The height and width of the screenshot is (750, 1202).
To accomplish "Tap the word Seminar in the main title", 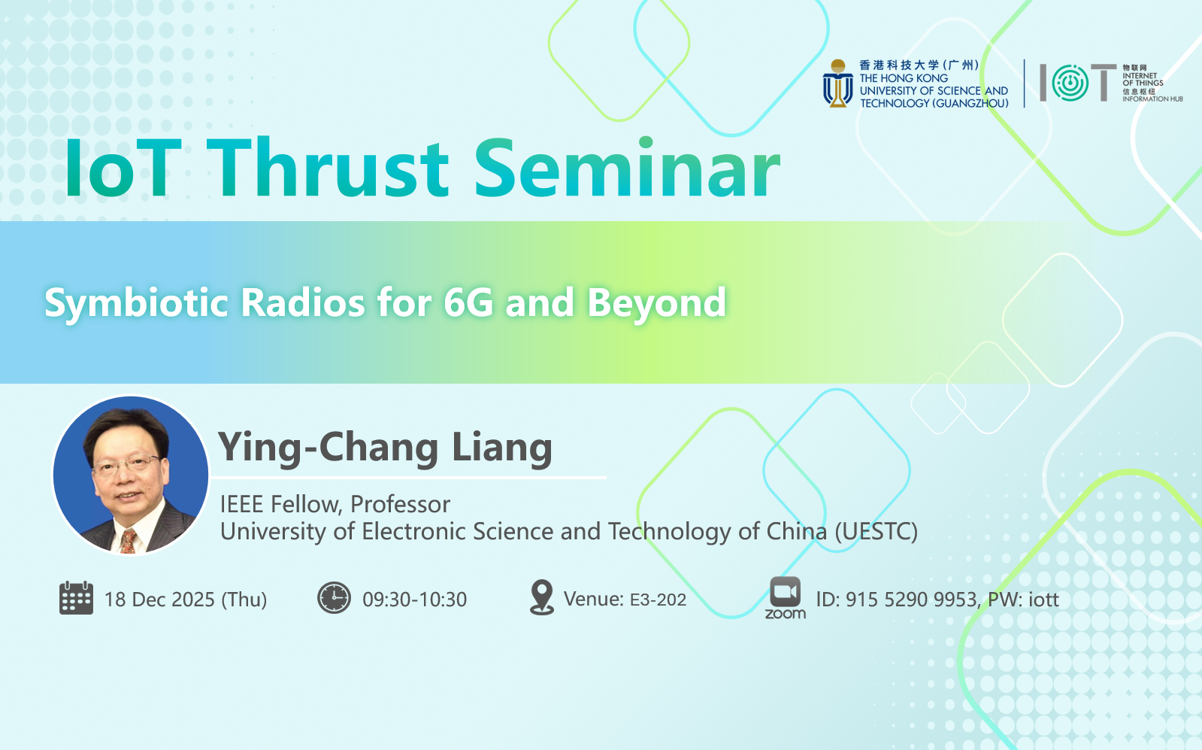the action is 627,168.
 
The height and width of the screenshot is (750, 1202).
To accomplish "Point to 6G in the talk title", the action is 468,302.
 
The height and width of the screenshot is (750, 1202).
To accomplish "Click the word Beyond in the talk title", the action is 656,304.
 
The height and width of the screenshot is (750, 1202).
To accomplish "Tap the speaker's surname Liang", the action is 502,448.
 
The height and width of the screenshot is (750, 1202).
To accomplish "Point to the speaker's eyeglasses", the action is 126,464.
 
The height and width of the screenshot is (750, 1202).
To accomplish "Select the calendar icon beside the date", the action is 76,597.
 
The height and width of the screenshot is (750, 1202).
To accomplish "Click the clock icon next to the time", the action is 334,597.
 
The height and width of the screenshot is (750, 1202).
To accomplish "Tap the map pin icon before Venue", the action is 541,597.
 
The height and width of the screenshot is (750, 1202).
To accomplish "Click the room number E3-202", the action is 658,600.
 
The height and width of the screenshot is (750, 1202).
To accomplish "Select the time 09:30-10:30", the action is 415,600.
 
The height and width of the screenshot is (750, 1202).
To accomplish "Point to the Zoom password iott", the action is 1043,600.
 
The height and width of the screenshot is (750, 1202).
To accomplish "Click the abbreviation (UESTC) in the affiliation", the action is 876,532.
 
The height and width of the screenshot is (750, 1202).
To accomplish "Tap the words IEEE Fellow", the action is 281,505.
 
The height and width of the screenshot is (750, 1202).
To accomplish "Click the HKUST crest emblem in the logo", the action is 837,84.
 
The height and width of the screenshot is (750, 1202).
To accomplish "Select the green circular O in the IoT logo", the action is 1070,83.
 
